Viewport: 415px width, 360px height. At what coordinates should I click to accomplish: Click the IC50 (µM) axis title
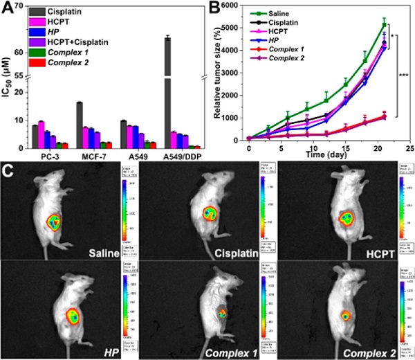(x=8, y=111)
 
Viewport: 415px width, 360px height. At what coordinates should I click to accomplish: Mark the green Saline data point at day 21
(x=384, y=25)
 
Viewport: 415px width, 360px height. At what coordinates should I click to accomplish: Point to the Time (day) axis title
(x=318, y=157)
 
